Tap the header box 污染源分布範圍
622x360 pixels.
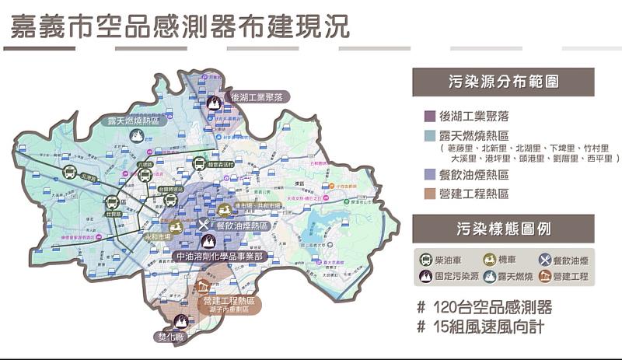pos(503,82)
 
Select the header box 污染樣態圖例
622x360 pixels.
pos(503,229)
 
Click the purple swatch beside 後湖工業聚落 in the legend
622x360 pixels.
pos(429,117)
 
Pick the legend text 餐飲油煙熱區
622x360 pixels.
pos(473,175)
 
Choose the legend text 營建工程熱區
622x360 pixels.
pos(473,194)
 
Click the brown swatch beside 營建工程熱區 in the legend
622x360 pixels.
pos(429,194)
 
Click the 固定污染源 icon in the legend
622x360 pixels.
pos(426,276)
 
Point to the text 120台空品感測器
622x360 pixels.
pos(484,306)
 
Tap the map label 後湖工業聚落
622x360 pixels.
pos(260,97)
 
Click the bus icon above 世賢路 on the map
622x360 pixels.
pos(113,204)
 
